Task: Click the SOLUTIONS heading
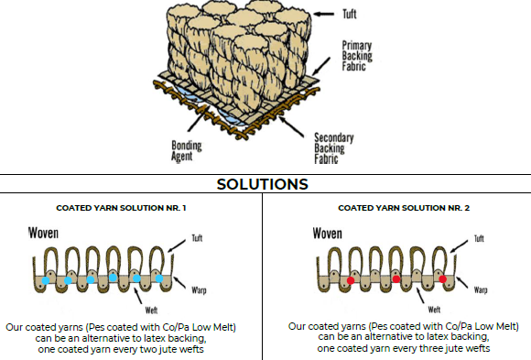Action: [x=263, y=184]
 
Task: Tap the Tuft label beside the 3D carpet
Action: [x=350, y=15]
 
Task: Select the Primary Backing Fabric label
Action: [x=357, y=56]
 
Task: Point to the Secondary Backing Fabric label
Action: [x=334, y=148]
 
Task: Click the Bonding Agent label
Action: [x=186, y=151]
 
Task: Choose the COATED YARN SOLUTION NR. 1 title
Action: [x=121, y=208]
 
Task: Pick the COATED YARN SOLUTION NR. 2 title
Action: [x=404, y=208]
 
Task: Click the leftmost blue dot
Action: [x=46, y=280]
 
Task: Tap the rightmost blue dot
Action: [x=159, y=278]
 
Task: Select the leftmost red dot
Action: [x=351, y=280]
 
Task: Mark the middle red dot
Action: [x=396, y=279]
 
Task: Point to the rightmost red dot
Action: [x=442, y=279]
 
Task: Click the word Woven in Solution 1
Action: [x=43, y=234]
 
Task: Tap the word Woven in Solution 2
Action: [x=327, y=234]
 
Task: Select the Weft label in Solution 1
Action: [x=151, y=311]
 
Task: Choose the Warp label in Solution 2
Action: [x=481, y=289]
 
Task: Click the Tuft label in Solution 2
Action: [x=479, y=239]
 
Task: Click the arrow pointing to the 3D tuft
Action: [x=324, y=15]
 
